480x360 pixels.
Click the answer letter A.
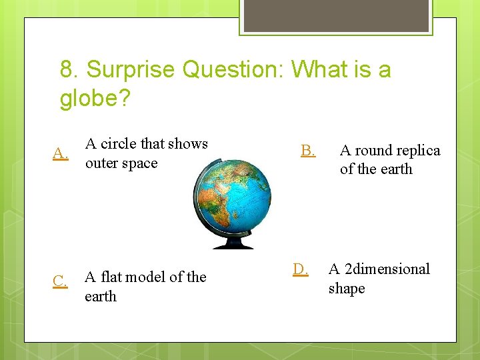coord(61,154)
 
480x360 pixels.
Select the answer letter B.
coord(307,151)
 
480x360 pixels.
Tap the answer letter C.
coord(60,281)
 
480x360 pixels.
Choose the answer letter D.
coord(301,269)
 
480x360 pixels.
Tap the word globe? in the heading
coord(95,99)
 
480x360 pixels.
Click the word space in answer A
coord(141,163)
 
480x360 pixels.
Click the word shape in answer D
coord(347,289)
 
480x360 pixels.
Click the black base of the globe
coord(233,244)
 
